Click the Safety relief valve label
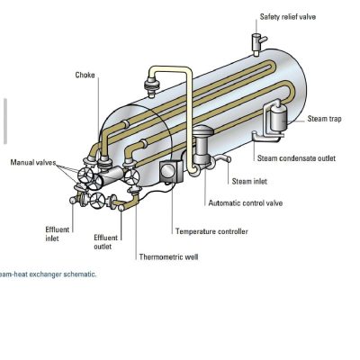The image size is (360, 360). [x=288, y=16]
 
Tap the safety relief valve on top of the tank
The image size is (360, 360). [x=257, y=44]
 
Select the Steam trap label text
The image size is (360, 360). [x=324, y=119]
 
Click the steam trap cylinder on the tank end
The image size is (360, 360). [x=279, y=119]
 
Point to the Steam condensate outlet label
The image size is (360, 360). [x=296, y=158]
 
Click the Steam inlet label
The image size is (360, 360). [x=249, y=181]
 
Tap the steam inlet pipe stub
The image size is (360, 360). [x=222, y=158]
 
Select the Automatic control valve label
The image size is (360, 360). [x=246, y=203]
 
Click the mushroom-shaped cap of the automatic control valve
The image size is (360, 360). [x=202, y=131]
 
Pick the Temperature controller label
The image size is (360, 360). [x=211, y=231]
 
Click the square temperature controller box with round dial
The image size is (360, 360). [x=171, y=171]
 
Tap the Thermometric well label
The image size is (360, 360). [x=168, y=256]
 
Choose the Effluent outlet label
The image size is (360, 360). [x=105, y=242]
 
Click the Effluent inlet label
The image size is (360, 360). [x=57, y=234]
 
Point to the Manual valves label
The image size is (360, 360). [x=33, y=162]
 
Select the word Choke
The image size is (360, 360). [x=85, y=75]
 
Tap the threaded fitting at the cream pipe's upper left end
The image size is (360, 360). [x=151, y=85]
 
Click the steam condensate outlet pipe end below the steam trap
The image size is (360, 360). [x=254, y=133]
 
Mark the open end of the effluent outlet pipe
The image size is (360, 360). [x=121, y=208]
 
